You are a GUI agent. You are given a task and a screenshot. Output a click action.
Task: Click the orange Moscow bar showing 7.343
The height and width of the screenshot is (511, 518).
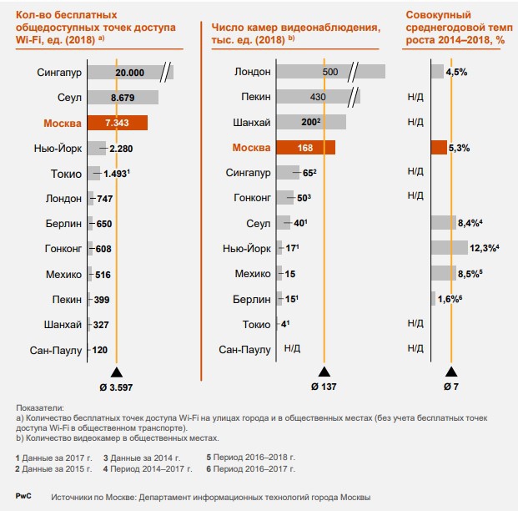click(x=117, y=123)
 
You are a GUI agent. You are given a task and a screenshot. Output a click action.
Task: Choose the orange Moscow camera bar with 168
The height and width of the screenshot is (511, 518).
click(x=305, y=148)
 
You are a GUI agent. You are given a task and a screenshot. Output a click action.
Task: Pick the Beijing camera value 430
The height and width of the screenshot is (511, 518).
click(x=318, y=98)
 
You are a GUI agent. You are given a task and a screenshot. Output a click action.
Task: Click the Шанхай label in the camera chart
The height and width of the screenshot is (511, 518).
click(x=251, y=123)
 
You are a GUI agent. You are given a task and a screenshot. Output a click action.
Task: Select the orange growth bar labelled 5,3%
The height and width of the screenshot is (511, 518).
click(x=439, y=148)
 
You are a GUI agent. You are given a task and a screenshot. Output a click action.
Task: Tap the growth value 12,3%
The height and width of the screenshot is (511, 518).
click(x=482, y=248)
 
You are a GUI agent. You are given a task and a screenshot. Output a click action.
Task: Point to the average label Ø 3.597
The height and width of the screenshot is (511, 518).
click(x=116, y=387)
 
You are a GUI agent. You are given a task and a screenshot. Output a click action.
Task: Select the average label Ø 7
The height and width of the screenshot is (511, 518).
click(x=451, y=387)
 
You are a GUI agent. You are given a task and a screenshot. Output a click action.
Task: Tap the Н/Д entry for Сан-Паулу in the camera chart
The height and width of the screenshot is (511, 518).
click(x=293, y=350)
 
